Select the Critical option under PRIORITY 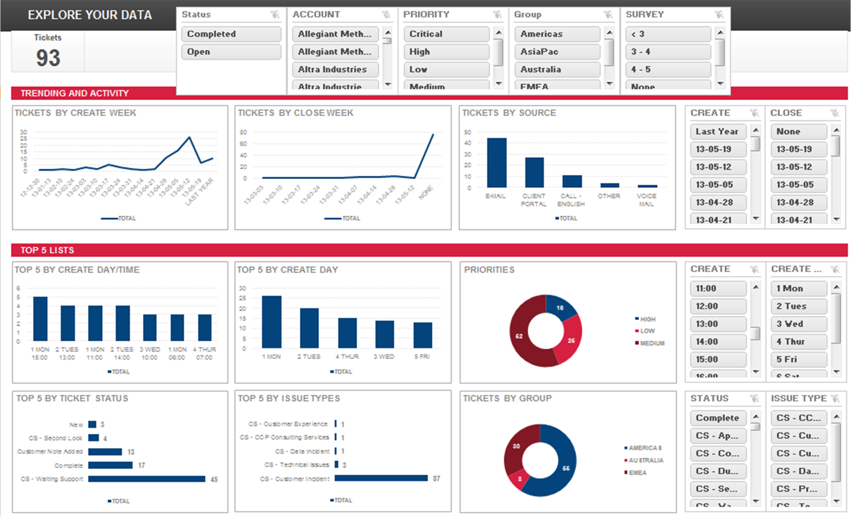(x=446, y=34)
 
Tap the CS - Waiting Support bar (x=146, y=479)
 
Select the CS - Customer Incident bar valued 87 (x=381, y=478)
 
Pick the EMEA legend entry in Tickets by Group (x=637, y=472)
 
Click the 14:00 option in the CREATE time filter (x=718, y=341)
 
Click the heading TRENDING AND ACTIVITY (x=75, y=93)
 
